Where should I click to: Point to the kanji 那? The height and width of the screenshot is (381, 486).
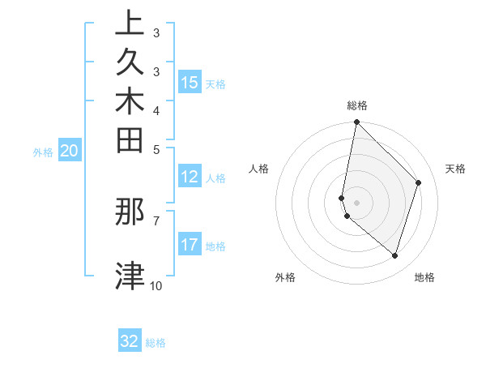point(130,212)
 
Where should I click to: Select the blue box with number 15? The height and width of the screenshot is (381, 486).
point(190,83)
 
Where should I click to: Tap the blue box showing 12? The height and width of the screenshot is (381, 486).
point(190,178)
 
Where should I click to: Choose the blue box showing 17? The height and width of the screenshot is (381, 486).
point(190,246)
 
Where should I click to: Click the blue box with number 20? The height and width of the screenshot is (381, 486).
point(70,151)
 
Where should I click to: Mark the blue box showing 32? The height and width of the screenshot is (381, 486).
point(130,341)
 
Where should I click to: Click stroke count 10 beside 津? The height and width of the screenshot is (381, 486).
point(156,285)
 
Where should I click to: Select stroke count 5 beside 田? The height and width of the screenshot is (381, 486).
point(156,148)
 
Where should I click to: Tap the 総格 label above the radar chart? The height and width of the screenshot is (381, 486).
point(356,105)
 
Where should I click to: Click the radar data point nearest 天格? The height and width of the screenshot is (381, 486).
point(419,182)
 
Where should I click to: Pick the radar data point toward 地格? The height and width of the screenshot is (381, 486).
point(395,255)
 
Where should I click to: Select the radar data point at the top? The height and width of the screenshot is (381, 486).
point(356,122)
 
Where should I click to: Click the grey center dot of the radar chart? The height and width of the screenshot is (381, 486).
point(356,202)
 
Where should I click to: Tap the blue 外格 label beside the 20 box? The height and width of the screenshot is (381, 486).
point(43,152)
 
